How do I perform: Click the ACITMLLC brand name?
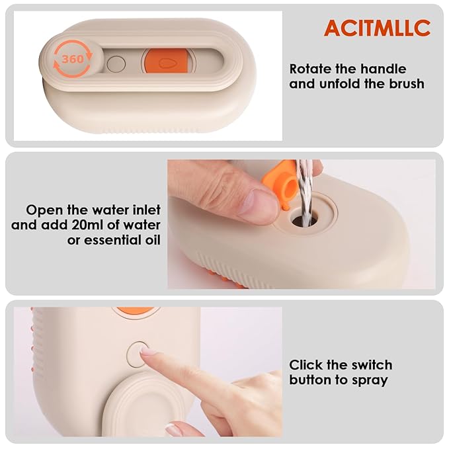point(377,28)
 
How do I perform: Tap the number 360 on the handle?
point(72,59)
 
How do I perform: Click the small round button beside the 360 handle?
point(116,64)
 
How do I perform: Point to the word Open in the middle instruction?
point(42,210)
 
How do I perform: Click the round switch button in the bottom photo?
point(138,353)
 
